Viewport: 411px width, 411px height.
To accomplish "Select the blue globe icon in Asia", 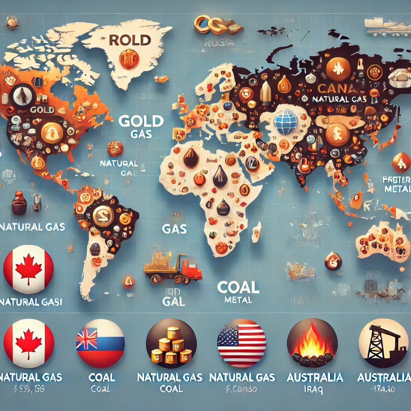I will pos(285,121).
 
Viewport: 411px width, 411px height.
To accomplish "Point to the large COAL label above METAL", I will pos(238,287).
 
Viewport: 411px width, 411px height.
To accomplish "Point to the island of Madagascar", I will pos(256,232).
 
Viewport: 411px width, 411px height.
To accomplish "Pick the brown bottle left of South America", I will pos(19,203).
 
